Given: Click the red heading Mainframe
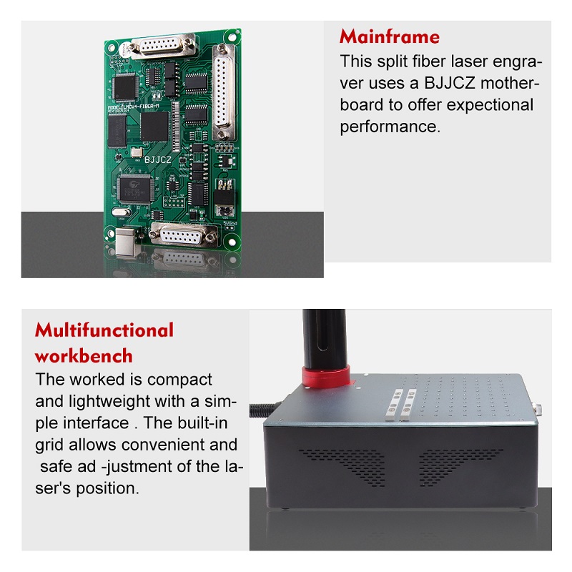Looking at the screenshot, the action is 389,37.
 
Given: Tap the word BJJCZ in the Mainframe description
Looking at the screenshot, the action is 450,83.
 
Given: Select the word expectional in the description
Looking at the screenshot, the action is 490,105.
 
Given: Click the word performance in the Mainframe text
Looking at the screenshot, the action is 390,127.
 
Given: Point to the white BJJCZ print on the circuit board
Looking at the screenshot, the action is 157,159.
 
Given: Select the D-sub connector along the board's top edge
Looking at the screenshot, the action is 163,46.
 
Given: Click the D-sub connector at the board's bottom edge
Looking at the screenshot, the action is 184,235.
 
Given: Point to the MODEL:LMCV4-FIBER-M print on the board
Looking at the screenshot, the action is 134,107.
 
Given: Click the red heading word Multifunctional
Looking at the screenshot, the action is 104,330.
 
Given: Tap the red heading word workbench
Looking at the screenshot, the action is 84,355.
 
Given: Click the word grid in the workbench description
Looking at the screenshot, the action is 49,445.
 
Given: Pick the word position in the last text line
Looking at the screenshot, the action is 108,488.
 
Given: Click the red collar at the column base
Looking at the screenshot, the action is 325,377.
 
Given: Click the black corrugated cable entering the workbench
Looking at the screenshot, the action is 263,409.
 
